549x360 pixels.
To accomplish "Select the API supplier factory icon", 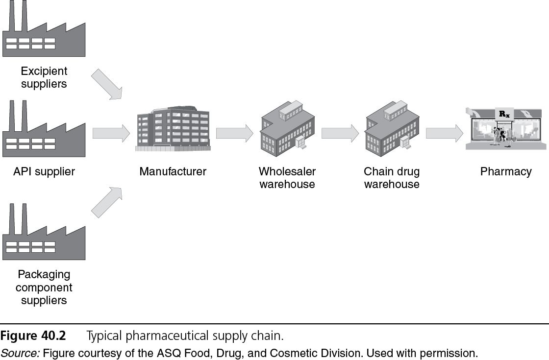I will point(44,132).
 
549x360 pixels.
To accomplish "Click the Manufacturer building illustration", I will point(173,128).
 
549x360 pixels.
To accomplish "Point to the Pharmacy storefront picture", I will point(505,128).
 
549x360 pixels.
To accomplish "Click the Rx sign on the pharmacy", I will point(503,114).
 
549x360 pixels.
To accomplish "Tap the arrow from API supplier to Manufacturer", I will point(111,133).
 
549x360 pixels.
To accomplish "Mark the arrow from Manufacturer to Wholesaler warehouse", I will point(234,133).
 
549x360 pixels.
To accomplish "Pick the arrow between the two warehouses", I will point(340,133).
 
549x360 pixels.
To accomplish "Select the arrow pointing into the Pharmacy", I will point(444,133).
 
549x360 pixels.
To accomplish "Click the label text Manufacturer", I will point(173,171).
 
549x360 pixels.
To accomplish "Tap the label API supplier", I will point(44,171).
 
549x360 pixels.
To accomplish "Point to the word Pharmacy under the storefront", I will point(506,171).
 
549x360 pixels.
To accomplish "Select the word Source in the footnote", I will point(14,353).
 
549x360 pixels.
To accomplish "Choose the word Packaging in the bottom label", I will point(44,274).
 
